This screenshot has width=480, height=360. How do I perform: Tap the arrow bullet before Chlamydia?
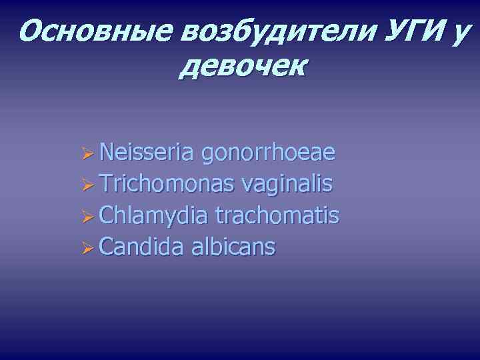tap(86, 217)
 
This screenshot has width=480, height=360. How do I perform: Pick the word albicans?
tap(233, 247)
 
